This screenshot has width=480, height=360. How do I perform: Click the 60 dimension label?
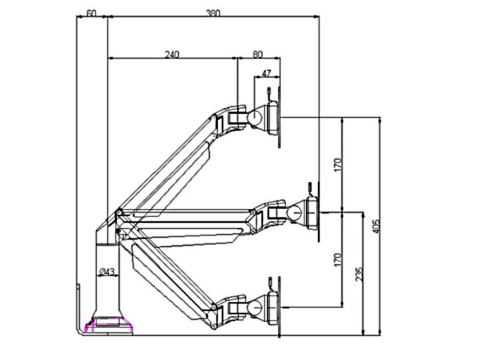click(x=91, y=13)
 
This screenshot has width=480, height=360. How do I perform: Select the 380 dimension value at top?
click(x=213, y=13)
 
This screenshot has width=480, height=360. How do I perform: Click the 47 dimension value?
click(x=266, y=73)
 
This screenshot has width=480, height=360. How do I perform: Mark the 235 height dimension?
click(x=360, y=274)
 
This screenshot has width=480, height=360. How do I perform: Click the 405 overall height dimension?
click(x=376, y=227)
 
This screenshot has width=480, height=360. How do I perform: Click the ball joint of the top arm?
click(x=255, y=117)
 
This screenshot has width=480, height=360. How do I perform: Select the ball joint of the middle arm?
click(x=294, y=212)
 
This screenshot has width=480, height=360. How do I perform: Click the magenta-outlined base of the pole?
click(x=108, y=325)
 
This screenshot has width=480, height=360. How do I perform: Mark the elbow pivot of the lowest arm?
click(x=214, y=307)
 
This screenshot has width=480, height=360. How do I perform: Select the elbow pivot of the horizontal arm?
click(x=253, y=213)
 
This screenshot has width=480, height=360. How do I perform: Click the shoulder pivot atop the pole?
click(x=119, y=213)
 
